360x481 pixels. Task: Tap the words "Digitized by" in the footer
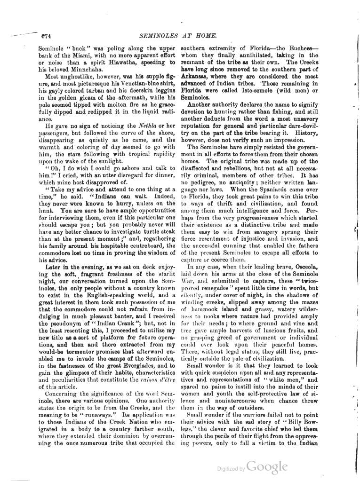point(231,469)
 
